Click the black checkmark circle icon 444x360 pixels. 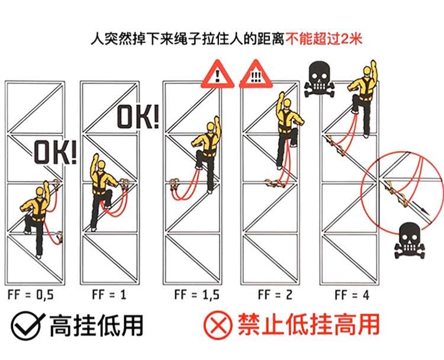click(x=27, y=325)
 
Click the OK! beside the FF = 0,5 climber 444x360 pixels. click(x=54, y=153)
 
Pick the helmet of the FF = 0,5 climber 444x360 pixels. click(x=41, y=191)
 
